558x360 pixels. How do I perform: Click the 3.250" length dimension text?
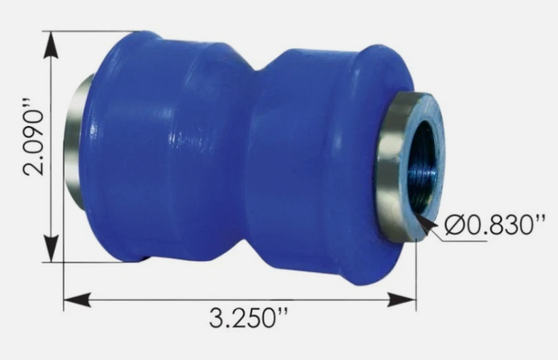tap(247, 318)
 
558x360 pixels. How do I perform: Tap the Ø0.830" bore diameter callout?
tap(492, 225)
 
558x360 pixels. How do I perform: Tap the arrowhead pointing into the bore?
tap(424, 218)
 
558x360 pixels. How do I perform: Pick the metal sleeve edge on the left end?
tap(73, 142)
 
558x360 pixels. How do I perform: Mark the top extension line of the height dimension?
tap(89, 32)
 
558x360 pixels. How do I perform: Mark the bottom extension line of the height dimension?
tap(89, 262)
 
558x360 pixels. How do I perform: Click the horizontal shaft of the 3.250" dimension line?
tap(238, 300)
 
